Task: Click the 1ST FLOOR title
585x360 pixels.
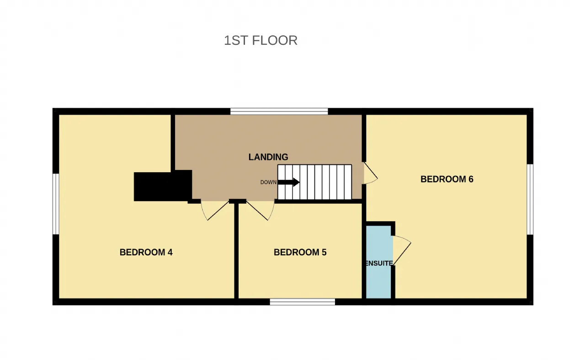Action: pyautogui.click(x=261, y=41)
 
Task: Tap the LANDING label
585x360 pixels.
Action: pyautogui.click(x=268, y=157)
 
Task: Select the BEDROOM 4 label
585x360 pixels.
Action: pyautogui.click(x=146, y=252)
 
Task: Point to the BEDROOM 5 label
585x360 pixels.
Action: pyautogui.click(x=300, y=252)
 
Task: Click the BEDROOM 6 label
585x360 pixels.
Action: pyautogui.click(x=447, y=179)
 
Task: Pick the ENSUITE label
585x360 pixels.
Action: pyautogui.click(x=379, y=263)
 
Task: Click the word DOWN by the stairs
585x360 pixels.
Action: pyautogui.click(x=268, y=182)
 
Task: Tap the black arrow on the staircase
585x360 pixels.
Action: pyautogui.click(x=288, y=182)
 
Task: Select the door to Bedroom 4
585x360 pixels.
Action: pyautogui.click(x=215, y=211)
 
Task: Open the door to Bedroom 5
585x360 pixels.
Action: pyautogui.click(x=261, y=211)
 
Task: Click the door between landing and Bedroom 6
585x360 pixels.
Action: pyautogui.click(x=371, y=173)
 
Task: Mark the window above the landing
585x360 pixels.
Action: pyautogui.click(x=279, y=111)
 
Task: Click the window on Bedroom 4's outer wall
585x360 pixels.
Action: pyautogui.click(x=56, y=204)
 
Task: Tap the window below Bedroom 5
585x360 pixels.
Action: pyautogui.click(x=303, y=302)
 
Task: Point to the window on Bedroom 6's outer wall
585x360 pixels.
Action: pyautogui.click(x=530, y=200)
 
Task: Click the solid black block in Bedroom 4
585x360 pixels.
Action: pyautogui.click(x=163, y=185)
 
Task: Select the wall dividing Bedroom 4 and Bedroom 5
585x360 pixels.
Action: pyautogui.click(x=236, y=251)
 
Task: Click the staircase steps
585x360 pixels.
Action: pyautogui.click(x=314, y=182)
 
